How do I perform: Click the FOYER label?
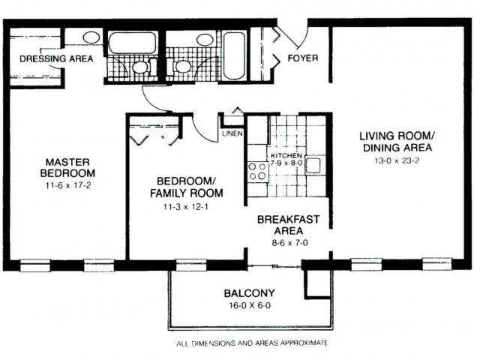(302, 58)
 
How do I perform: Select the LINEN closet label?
(230, 134)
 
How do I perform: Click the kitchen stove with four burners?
(258, 172)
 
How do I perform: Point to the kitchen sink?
(314, 165)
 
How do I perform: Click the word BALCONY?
(248, 293)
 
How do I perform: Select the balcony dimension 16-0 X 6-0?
(248, 307)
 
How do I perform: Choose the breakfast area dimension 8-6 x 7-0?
(288, 243)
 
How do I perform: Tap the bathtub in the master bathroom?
(131, 42)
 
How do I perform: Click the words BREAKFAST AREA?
(289, 225)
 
